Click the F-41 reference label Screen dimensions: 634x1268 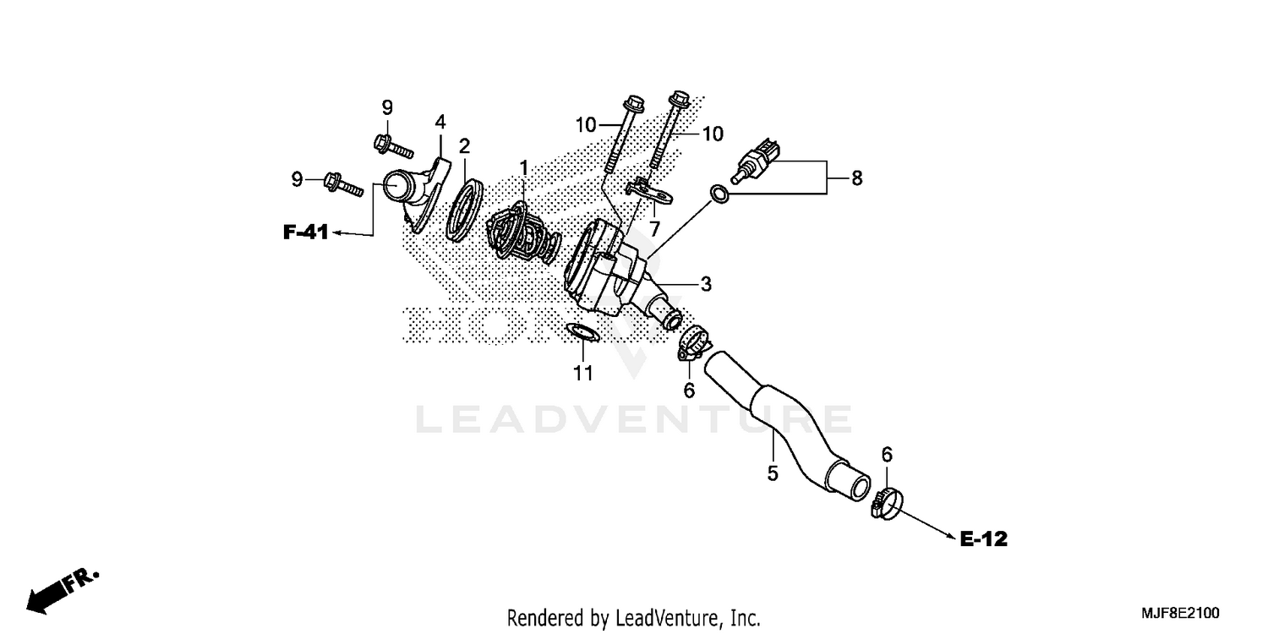pyautogui.click(x=305, y=233)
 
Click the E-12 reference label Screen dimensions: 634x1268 pyautogui.click(x=984, y=538)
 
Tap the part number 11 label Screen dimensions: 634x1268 pyautogui.click(x=582, y=373)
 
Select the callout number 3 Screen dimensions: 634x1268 pyautogui.click(x=706, y=284)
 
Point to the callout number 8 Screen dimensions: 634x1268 pyautogui.click(x=856, y=178)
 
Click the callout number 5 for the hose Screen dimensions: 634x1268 pyautogui.click(x=772, y=473)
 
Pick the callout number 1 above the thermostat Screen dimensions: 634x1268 pyautogui.click(x=523, y=168)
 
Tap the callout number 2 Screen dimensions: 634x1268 pyautogui.click(x=464, y=146)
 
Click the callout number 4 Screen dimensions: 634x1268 pyautogui.click(x=440, y=122)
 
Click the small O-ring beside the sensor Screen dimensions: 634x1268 pyautogui.click(x=718, y=194)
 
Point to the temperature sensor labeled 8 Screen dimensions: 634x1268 pyautogui.click(x=757, y=161)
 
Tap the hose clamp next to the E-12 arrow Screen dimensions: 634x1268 pyautogui.click(x=886, y=504)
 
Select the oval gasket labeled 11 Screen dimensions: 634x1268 pyautogui.click(x=582, y=334)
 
